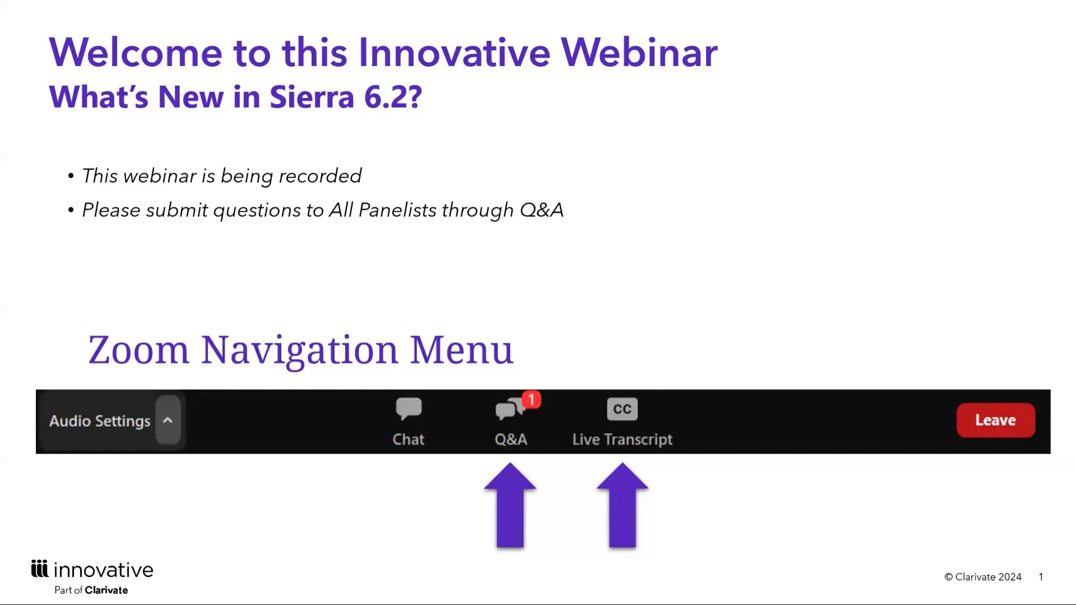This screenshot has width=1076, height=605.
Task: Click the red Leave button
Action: click(996, 420)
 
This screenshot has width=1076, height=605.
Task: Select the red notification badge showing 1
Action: click(532, 399)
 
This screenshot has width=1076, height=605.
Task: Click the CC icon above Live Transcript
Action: click(622, 409)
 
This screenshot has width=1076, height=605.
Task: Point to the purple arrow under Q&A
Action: click(510, 505)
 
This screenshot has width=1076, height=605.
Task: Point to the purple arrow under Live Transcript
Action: click(622, 505)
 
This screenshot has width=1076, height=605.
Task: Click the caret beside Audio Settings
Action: click(168, 420)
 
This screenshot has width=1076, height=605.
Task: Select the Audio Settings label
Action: click(100, 421)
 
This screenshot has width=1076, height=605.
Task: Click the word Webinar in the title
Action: click(639, 52)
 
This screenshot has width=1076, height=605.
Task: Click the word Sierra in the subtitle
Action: click(312, 97)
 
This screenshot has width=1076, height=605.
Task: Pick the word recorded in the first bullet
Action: click(320, 176)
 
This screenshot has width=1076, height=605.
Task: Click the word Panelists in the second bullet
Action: click(398, 210)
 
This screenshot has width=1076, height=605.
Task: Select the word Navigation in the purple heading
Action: click(299, 350)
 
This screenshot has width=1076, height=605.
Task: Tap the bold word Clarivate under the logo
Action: click(106, 590)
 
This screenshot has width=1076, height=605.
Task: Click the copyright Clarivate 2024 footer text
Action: click(983, 577)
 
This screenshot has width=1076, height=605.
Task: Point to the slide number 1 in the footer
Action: click(1041, 577)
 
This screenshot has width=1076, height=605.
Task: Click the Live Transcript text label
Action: click(622, 440)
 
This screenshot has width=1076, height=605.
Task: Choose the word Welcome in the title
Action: click(136, 52)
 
